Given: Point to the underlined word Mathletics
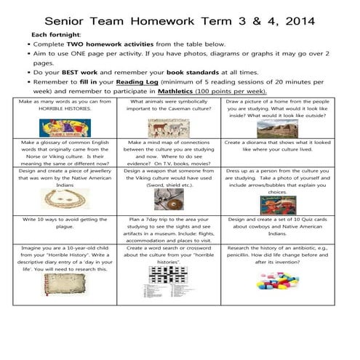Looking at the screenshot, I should (180, 92).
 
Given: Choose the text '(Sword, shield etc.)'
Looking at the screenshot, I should (169, 185).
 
